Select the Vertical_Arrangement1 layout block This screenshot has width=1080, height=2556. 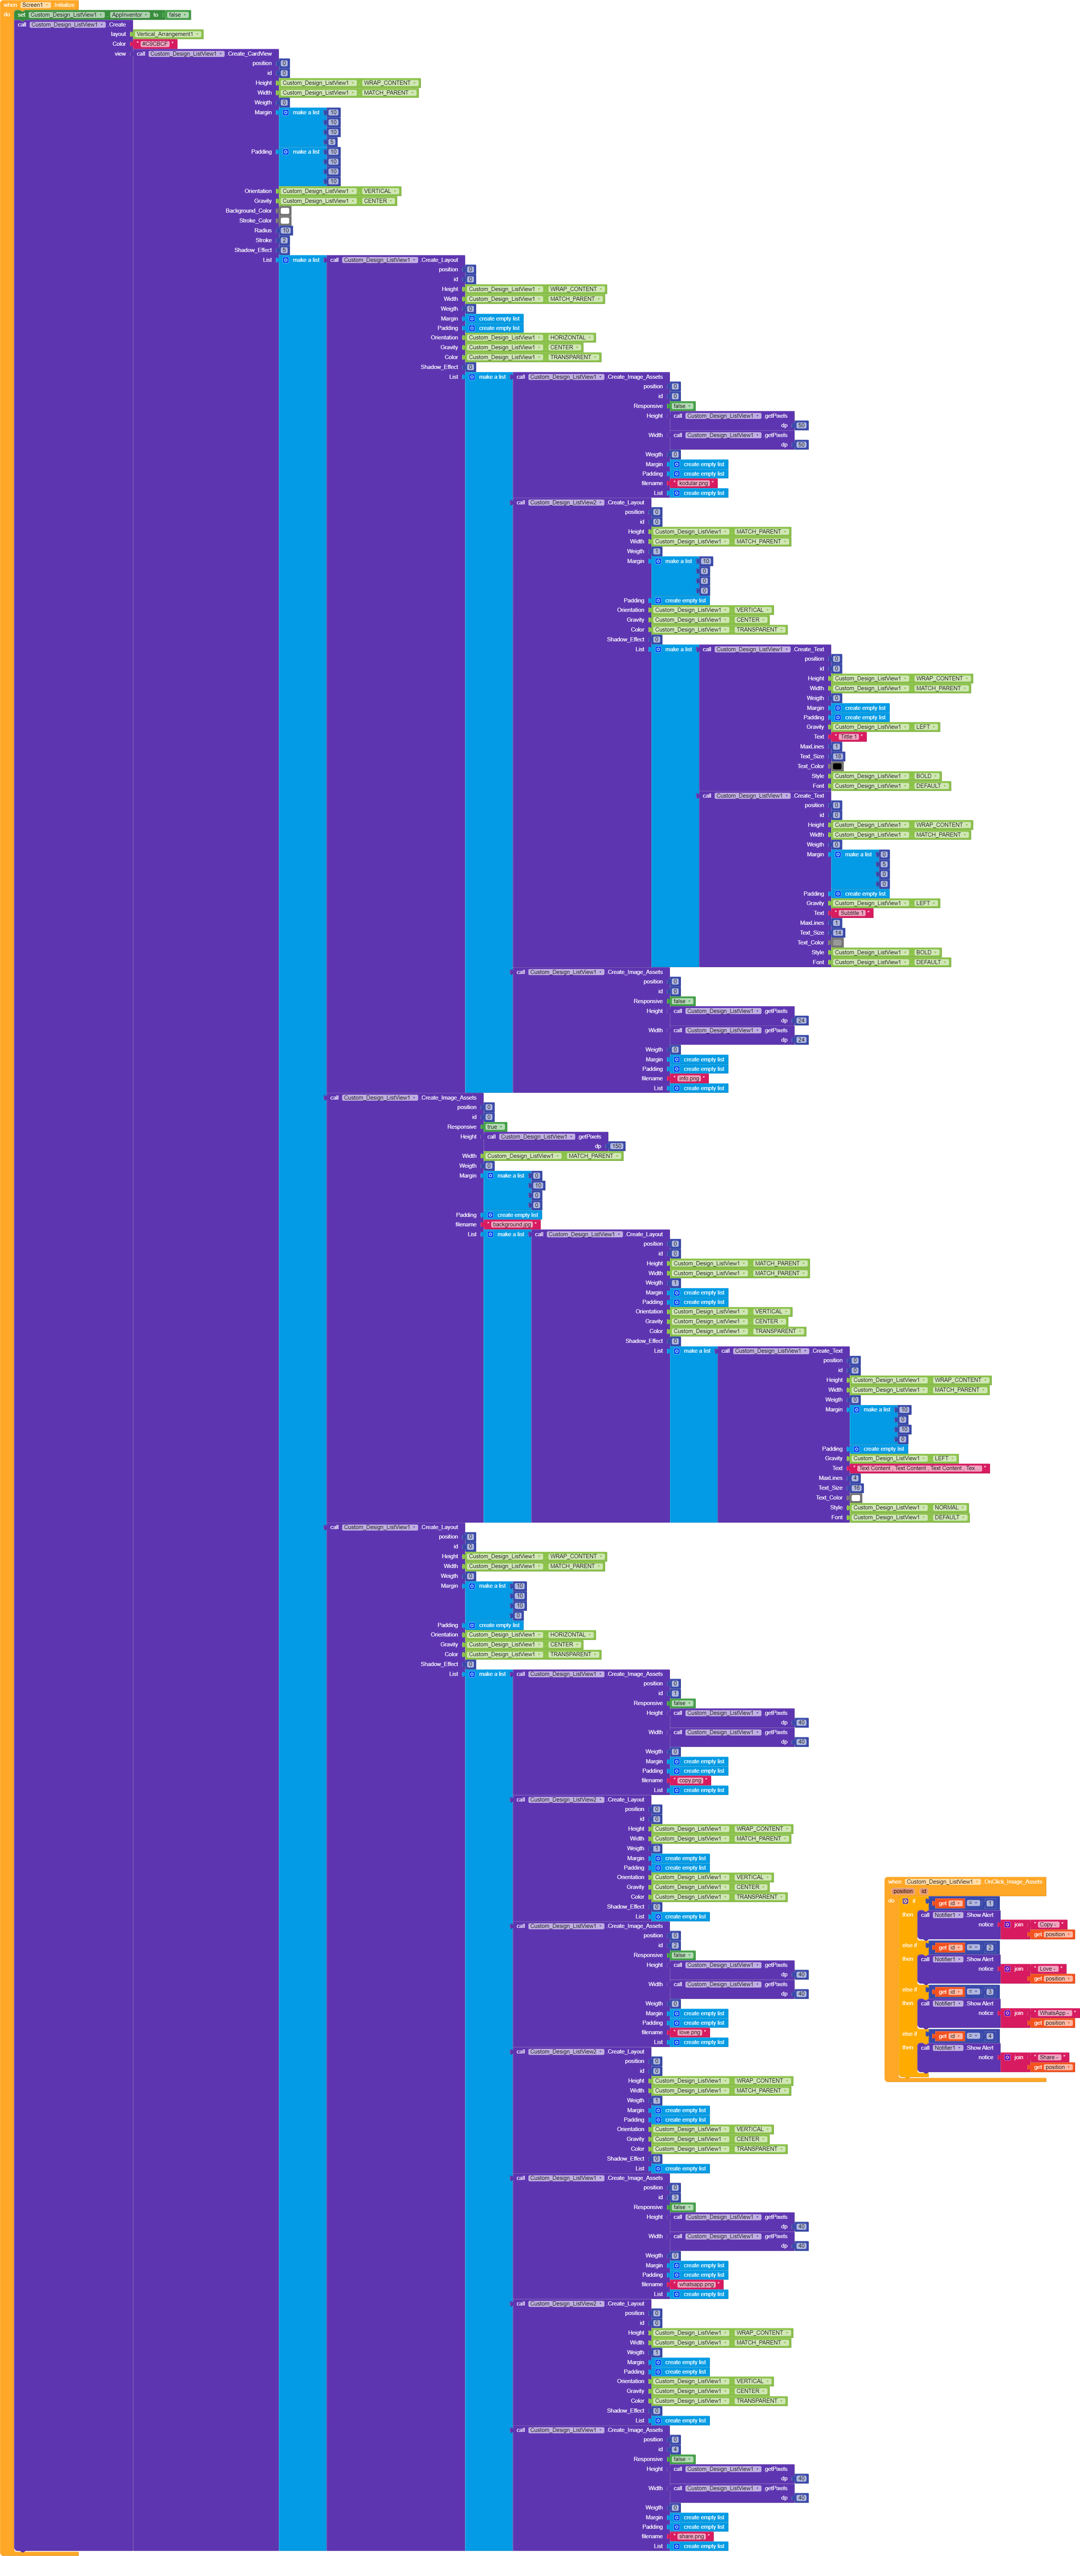[166, 34]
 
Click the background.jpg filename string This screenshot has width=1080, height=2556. [512, 1224]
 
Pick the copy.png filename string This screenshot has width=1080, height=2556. [690, 1780]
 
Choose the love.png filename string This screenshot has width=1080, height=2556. [689, 2032]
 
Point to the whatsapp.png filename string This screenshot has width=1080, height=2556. [695, 2284]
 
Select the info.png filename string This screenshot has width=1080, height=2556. [688, 1078]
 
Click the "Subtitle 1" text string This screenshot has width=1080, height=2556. [851, 913]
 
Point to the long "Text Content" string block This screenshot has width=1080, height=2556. [917, 1469]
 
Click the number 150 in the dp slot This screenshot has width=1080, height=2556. [616, 1146]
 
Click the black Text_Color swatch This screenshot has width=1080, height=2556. [837, 766]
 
